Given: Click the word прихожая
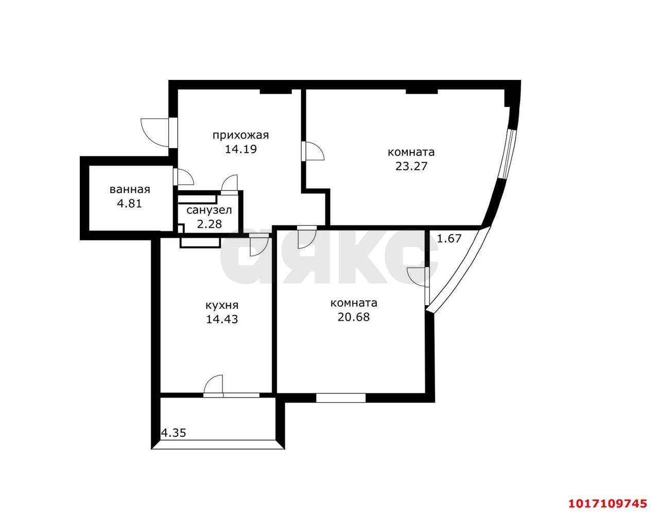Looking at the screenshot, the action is [x=240, y=135].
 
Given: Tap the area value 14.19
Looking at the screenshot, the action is [x=241, y=149].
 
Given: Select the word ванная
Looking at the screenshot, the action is [x=130, y=190].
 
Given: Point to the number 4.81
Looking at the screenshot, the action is [x=130, y=203].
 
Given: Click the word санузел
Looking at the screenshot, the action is [x=209, y=210].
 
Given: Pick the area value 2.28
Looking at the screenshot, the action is [x=209, y=224].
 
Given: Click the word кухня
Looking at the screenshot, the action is [x=222, y=305].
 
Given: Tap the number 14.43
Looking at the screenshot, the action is [x=222, y=319].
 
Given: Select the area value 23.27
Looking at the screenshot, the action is [x=411, y=166].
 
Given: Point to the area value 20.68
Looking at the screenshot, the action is [x=354, y=317].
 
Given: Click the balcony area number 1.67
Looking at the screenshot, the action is [x=449, y=239].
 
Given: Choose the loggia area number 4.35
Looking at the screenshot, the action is [x=174, y=433].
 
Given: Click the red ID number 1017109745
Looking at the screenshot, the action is [x=608, y=504].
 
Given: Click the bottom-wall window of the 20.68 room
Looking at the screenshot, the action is [x=341, y=398].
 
